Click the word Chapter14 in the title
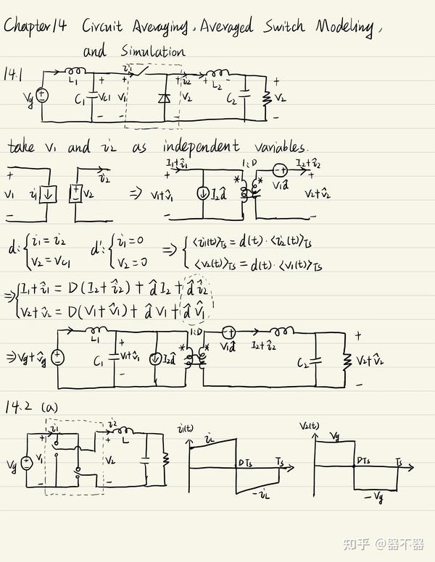click(x=36, y=28)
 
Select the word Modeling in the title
click(x=344, y=28)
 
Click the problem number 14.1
click(x=14, y=74)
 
